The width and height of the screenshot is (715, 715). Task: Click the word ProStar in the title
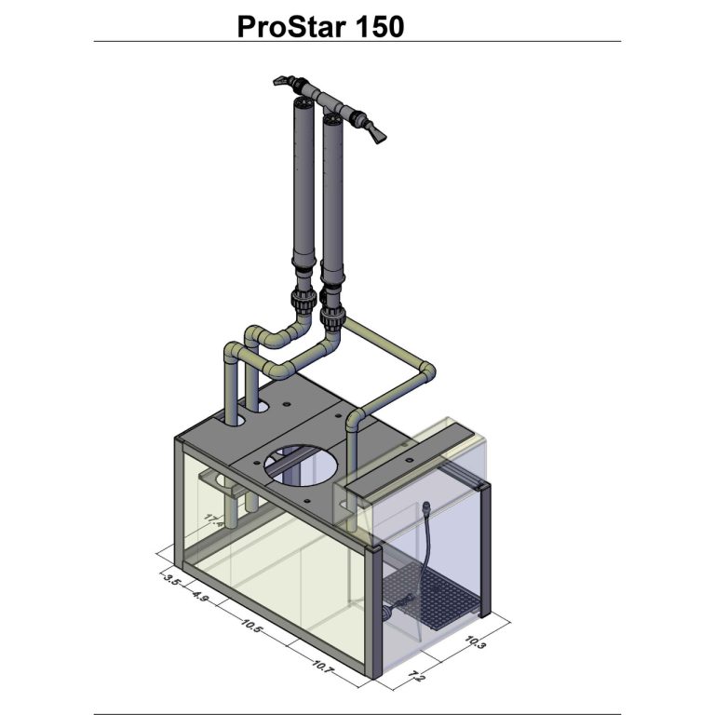click(x=290, y=26)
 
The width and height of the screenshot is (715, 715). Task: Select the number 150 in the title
click(x=378, y=26)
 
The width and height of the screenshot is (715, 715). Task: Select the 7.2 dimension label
click(x=415, y=675)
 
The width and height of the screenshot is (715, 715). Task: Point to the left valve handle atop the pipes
click(x=283, y=82)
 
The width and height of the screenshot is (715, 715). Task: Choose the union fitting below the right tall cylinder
click(x=332, y=312)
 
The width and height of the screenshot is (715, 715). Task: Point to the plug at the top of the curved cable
click(x=425, y=508)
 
